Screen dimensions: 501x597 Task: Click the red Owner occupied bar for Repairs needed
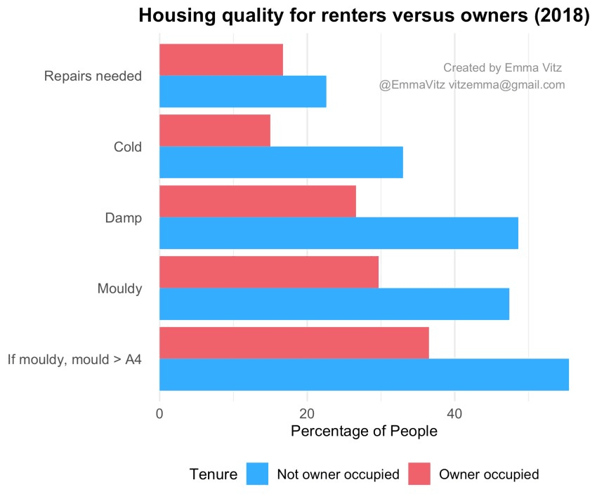pyautogui.click(x=221, y=60)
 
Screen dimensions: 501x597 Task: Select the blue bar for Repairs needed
pyautogui.click(x=243, y=91)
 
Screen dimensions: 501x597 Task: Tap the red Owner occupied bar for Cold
pyautogui.click(x=215, y=131)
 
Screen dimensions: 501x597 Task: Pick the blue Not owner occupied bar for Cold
pyautogui.click(x=281, y=162)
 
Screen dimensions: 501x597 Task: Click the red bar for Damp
pyautogui.click(x=258, y=201)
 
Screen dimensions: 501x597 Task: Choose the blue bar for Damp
pyautogui.click(x=339, y=233)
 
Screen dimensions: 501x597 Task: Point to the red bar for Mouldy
pyautogui.click(x=269, y=272)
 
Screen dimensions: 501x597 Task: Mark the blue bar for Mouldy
pyautogui.click(x=334, y=304)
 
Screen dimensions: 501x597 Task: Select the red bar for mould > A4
pyautogui.click(x=294, y=343)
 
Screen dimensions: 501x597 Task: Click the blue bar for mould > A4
pyautogui.click(x=364, y=375)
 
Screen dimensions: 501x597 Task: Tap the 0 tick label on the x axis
pyautogui.click(x=159, y=414)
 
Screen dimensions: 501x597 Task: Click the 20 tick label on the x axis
pyautogui.click(x=307, y=414)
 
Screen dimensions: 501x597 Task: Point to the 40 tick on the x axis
pyautogui.click(x=454, y=414)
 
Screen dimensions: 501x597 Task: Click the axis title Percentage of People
pyautogui.click(x=364, y=432)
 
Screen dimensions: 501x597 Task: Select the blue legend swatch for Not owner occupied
pyautogui.click(x=258, y=474)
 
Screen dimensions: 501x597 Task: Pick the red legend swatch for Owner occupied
pyautogui.click(x=419, y=474)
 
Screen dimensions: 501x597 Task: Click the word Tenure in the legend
pyautogui.click(x=214, y=474)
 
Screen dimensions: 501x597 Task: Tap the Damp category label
pyautogui.click(x=124, y=218)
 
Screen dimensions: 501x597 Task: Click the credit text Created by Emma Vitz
pyautogui.click(x=502, y=68)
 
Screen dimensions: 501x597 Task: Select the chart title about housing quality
pyautogui.click(x=364, y=16)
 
